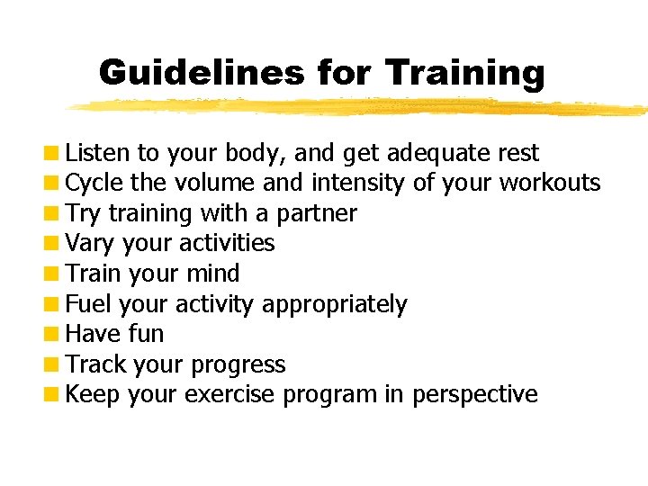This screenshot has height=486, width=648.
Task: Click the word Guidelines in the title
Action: tap(202, 72)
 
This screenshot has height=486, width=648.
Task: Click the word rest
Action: tap(517, 153)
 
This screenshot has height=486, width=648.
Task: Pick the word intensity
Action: tap(358, 184)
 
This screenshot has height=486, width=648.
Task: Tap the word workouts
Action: tap(549, 184)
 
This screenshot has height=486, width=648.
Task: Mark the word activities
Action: tap(227, 244)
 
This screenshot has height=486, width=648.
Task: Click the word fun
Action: tap(145, 334)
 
